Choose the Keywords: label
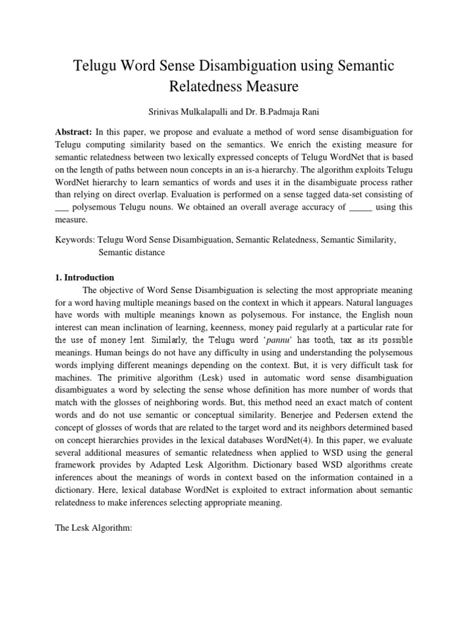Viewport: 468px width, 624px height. tap(75, 241)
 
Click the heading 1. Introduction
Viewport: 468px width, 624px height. tap(84, 277)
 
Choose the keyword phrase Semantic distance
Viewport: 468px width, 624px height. tap(131, 252)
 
